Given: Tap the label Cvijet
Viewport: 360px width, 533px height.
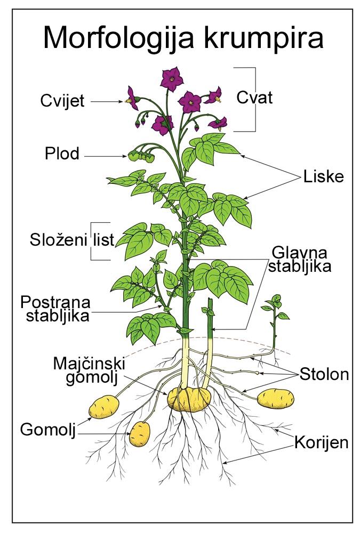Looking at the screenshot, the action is (62, 100).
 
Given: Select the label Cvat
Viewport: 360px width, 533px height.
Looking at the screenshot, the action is (254, 98).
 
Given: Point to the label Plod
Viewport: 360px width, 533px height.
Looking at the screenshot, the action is (62, 154).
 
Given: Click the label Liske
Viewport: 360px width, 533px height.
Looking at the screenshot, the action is (323, 176).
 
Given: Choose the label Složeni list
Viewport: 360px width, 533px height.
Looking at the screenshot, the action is (73, 240).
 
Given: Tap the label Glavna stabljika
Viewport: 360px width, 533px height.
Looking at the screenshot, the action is (299, 259).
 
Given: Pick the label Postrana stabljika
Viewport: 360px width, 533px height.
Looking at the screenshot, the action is (55, 309).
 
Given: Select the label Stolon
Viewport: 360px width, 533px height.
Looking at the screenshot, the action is (324, 374).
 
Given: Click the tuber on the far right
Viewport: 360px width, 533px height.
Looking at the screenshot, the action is (275, 398).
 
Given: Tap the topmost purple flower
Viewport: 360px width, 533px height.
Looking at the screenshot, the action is (172, 79).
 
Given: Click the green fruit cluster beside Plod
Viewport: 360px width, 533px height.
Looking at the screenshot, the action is (140, 156).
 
